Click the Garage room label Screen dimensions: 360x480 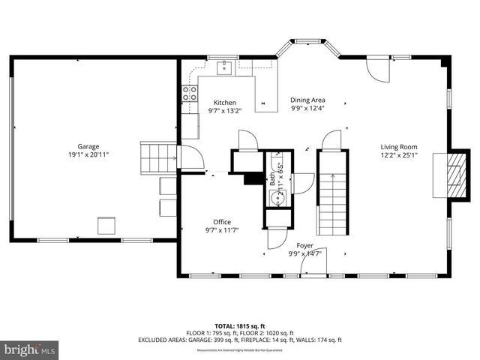point(88,146)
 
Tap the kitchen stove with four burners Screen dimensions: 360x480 point(189,94)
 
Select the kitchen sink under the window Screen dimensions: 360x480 point(223,70)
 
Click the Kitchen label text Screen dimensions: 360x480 point(224,103)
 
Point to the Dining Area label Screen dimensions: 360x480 point(307,100)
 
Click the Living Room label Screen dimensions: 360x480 point(398,147)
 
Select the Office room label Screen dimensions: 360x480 point(222,221)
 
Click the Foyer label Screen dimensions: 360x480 point(304,245)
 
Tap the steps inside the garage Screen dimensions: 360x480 point(157,157)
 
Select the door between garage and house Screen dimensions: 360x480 point(190,159)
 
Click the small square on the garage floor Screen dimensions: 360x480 point(106,226)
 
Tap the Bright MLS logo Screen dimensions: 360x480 point(30,349)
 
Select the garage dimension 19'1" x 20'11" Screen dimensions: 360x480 point(88,154)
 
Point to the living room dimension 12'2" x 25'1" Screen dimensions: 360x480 point(398,156)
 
